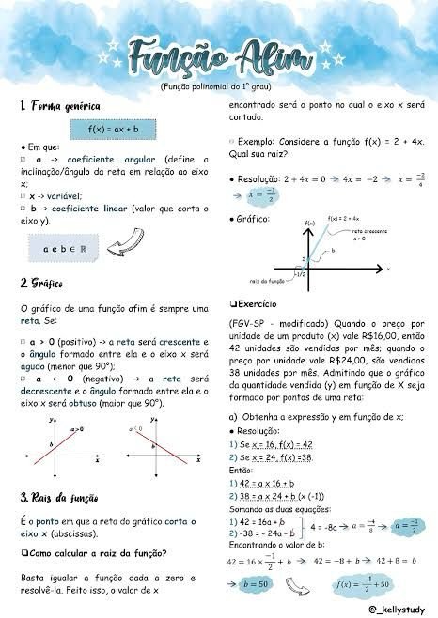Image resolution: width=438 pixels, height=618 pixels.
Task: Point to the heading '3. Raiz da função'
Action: click(x=63, y=497)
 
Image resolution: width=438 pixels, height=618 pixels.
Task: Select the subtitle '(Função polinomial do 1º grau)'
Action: click(x=218, y=85)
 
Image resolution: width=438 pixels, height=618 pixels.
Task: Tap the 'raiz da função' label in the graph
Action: click(x=267, y=281)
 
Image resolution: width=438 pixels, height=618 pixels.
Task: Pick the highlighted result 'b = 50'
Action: click(x=255, y=583)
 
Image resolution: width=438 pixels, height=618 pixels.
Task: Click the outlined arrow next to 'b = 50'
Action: click(x=300, y=584)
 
